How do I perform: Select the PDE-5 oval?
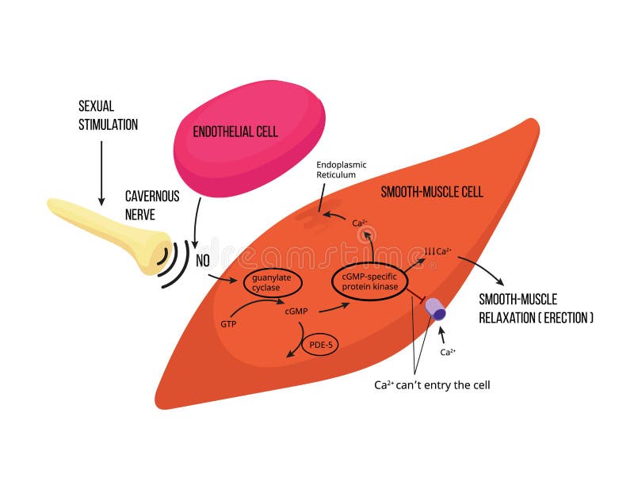pos(319,346)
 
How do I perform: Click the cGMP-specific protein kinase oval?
pos(369,281)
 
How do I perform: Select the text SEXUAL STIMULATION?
pos(108,115)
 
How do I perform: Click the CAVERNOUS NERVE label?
pos(152,205)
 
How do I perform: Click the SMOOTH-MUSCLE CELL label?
pos(432,192)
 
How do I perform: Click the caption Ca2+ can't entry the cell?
pos(433,385)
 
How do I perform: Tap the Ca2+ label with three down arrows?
pos(438,251)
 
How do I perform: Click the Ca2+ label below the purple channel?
pos(447,352)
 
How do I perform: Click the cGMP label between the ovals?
pos(296,311)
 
